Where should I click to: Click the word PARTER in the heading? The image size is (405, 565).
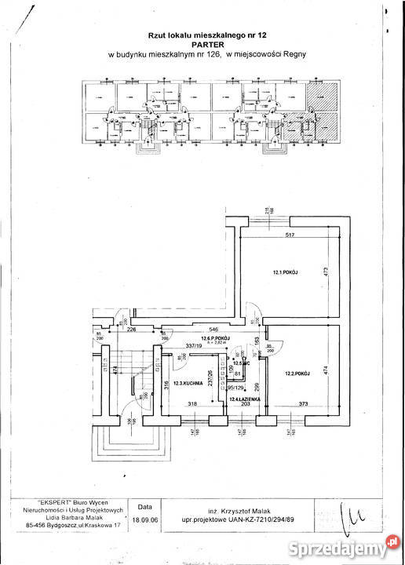click(x=202, y=45)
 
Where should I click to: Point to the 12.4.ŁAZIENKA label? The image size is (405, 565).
click(x=244, y=400)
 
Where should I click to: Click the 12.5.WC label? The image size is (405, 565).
click(x=239, y=363)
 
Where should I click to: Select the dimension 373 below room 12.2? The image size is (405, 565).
click(x=303, y=405)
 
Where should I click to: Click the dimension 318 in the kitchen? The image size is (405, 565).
click(x=192, y=405)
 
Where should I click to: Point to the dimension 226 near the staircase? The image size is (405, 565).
click(x=131, y=330)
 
